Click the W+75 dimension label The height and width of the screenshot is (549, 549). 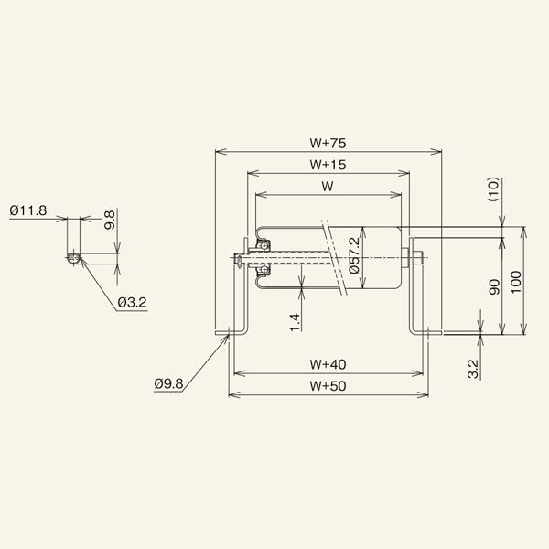327,143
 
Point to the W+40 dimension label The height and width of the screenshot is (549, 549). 328,364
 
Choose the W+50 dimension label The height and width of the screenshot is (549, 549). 328,386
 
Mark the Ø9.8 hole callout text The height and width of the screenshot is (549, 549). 168,385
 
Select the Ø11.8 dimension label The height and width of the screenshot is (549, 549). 28,210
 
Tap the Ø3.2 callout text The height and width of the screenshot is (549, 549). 133,303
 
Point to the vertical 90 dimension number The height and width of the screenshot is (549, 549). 493,287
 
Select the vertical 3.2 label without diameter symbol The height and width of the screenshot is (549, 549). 472,369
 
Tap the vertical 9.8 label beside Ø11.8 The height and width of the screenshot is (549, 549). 109,220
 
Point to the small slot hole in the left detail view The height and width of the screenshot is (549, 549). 72,258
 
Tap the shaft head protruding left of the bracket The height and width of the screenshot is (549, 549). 237,259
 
